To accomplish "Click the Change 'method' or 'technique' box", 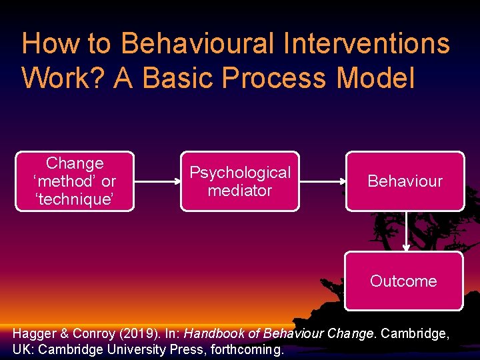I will [75, 181].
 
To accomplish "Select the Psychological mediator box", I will [240, 181].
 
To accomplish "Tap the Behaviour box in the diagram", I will [405, 181].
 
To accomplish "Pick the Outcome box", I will [403, 281].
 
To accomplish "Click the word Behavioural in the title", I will [197, 44].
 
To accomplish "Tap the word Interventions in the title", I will [365, 44].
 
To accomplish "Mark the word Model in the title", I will [376, 77].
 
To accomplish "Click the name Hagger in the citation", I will [33, 333].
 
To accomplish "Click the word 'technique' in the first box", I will [75, 199].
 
